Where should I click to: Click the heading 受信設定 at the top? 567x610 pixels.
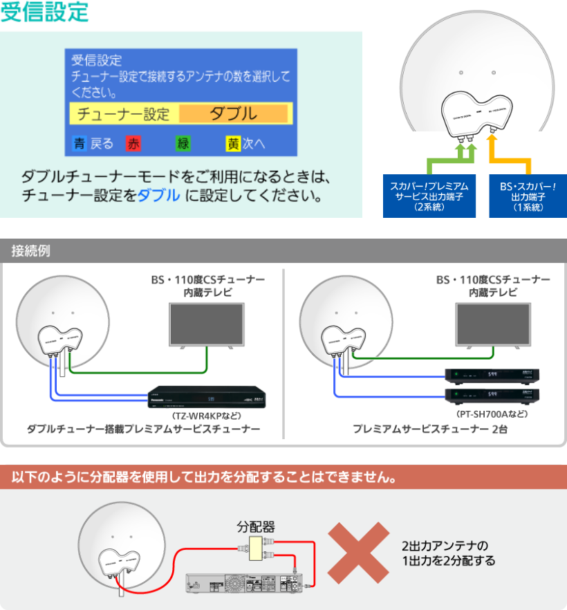tap(45, 12)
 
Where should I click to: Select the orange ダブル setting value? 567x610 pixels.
tap(233, 114)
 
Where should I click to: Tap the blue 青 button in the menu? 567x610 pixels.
tap(80, 144)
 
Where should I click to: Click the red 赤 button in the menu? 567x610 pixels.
tap(133, 144)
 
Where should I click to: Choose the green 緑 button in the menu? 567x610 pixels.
tap(183, 144)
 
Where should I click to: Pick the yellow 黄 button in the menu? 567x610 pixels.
tap(233, 144)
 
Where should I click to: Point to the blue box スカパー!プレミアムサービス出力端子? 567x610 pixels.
tap(429, 196)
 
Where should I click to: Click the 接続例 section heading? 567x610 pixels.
tap(30, 250)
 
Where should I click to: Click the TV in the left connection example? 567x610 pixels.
tap(208, 324)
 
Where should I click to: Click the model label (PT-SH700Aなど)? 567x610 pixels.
tap(492, 414)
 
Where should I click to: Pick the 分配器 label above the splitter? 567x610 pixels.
tap(256, 525)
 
